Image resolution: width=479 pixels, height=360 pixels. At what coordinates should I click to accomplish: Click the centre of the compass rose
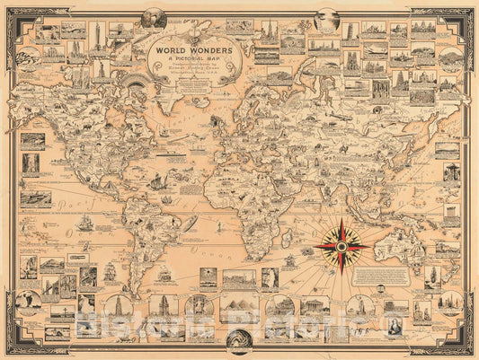342,243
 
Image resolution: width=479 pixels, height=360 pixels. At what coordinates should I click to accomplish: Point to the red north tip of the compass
342,220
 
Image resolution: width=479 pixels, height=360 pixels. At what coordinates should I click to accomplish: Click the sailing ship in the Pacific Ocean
86,222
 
